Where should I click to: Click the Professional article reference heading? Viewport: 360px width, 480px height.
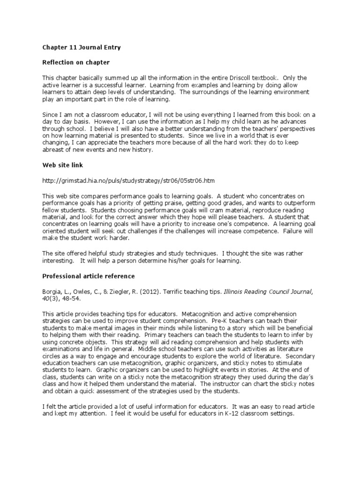[x=89, y=276]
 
